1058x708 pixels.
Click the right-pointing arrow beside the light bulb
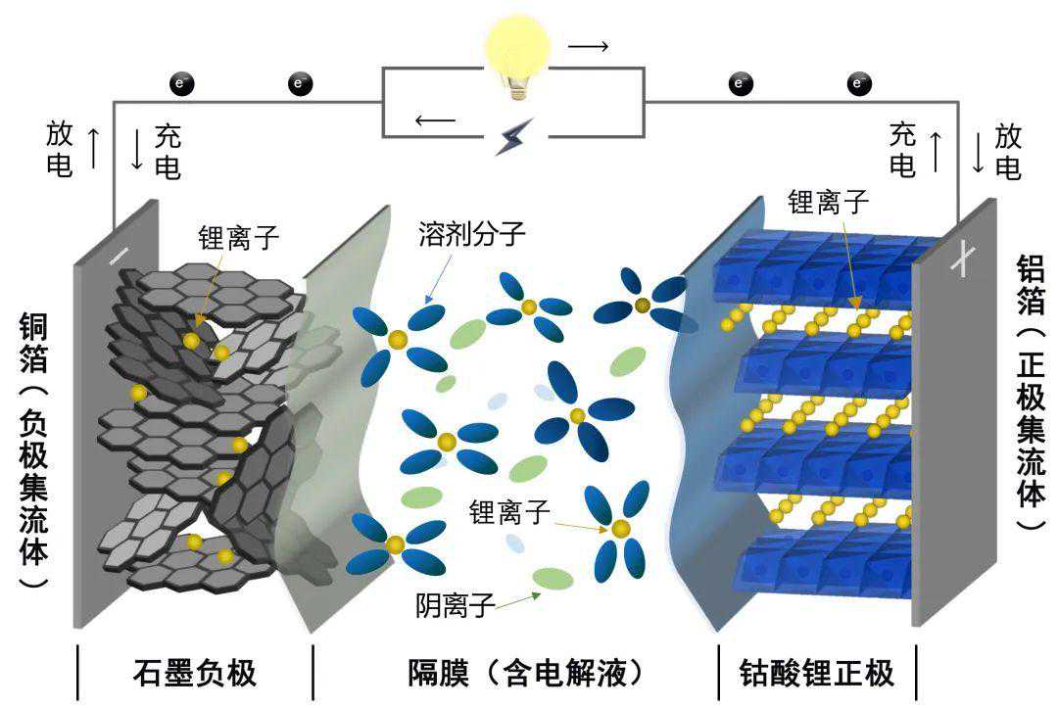[x=588, y=46]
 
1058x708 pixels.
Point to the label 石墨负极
[x=194, y=673]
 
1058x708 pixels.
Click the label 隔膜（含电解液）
[x=526, y=673]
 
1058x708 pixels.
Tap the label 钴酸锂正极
[x=818, y=673]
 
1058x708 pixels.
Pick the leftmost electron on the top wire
[x=180, y=83]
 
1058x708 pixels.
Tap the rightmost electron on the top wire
[x=859, y=83]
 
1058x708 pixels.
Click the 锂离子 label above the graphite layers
[x=240, y=238]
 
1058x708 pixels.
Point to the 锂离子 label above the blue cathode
[x=829, y=203]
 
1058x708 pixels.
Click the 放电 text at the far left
[x=60, y=149]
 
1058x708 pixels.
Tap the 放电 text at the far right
[x=1008, y=150]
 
